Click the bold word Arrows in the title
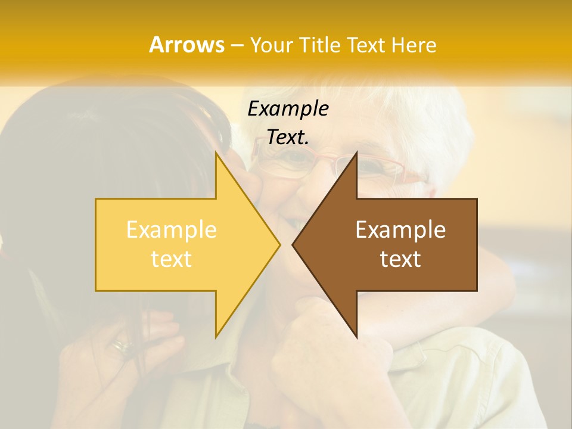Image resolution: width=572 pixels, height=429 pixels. click(x=186, y=45)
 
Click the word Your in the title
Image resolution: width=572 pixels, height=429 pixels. click(x=271, y=45)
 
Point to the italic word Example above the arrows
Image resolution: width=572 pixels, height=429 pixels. click(x=288, y=108)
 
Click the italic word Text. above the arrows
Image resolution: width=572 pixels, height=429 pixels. click(x=288, y=138)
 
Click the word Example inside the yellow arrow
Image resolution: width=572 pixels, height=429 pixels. click(x=172, y=229)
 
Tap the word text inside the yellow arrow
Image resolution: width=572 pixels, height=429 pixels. click(x=172, y=259)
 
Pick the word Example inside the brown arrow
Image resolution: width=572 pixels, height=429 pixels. click(x=400, y=229)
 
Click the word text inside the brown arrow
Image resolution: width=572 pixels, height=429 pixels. click(x=400, y=259)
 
